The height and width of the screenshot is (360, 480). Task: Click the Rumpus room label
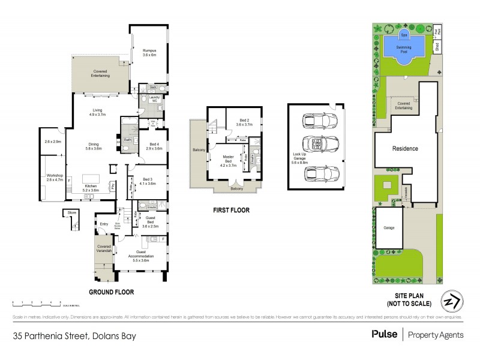[149, 52]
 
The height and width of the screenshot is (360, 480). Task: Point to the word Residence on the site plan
[405, 148]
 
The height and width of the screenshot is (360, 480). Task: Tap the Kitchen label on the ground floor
[91, 188]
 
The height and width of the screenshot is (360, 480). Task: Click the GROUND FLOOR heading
[111, 292]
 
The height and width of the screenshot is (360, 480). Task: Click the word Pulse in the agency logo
[384, 335]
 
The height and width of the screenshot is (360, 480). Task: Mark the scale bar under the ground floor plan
[36, 303]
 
